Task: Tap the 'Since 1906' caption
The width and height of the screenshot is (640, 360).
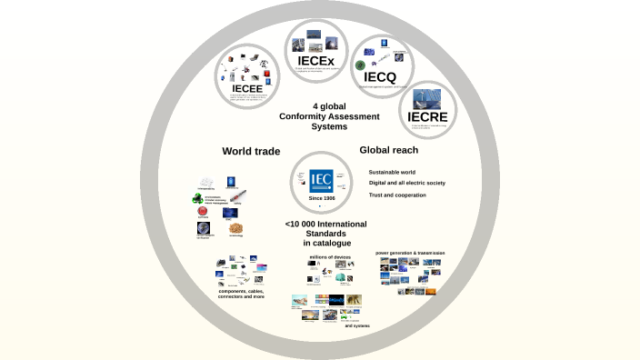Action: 320,198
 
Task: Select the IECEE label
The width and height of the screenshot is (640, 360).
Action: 246,87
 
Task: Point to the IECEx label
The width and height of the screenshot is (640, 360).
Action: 315,61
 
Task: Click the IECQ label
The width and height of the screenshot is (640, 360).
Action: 379,77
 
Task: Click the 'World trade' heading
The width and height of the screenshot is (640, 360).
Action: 251,151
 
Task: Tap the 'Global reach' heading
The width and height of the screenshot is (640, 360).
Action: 389,150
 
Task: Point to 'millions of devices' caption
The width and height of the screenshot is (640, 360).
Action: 330,257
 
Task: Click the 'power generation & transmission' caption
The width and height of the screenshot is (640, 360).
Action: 410,252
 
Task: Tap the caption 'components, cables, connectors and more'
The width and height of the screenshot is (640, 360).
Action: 242,294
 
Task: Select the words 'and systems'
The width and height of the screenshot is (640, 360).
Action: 357,325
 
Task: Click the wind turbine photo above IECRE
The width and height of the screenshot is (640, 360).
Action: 427,98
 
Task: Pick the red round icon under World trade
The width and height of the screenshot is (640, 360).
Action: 203,211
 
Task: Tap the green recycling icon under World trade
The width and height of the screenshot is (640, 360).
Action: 197,197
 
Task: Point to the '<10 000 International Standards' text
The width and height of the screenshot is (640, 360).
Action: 320,234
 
